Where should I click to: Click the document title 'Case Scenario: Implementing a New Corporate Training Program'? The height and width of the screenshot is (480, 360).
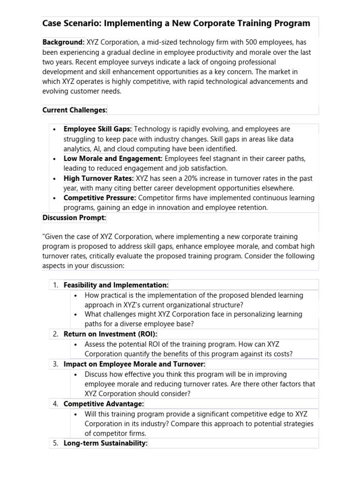176,23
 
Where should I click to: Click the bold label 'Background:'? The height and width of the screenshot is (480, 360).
63,42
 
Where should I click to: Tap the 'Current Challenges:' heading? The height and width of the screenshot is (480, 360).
75,110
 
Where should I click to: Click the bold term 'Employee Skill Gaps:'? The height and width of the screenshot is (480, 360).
98,129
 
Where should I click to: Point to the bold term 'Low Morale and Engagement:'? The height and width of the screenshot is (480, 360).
113,158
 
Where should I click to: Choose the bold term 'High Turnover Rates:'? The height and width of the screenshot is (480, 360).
99,178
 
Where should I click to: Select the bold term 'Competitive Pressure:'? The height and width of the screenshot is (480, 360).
100,198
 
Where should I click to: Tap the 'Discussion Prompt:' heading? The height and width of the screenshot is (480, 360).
74,217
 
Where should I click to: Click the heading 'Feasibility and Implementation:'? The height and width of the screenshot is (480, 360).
116,285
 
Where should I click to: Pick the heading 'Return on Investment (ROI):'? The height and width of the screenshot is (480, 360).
110,334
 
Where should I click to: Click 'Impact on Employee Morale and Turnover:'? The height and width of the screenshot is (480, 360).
135,364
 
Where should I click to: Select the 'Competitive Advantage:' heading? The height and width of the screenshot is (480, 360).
104,404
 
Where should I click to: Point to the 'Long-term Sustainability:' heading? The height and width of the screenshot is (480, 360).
105,443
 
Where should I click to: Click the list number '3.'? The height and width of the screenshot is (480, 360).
55,364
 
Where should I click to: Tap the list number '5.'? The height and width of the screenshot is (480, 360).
55,443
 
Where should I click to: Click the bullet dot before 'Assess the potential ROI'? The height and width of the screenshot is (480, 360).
77,345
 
